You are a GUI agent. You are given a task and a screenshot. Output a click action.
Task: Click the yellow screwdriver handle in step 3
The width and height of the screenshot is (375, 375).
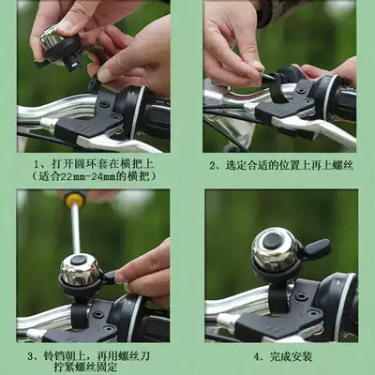tap(75, 200)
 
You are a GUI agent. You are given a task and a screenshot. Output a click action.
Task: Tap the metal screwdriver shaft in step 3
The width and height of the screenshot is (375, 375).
tap(76, 229)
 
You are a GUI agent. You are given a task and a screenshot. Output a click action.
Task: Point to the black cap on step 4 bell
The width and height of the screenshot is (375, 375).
tap(272, 241)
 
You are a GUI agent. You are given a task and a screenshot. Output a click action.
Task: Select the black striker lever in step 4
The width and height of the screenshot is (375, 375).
tap(317, 247)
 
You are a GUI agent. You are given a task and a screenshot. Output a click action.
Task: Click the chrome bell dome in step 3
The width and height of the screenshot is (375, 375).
tap(80, 270)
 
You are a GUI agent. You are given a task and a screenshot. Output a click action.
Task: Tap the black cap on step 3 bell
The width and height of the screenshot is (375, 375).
tap(79, 260)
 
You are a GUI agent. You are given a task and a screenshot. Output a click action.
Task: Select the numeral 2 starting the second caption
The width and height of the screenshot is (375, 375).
tap(213, 166)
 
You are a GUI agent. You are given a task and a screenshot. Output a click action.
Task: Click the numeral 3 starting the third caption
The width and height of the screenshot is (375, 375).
tap(30, 356)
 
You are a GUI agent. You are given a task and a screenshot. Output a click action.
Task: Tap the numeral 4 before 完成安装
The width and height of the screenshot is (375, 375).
tap(257, 356)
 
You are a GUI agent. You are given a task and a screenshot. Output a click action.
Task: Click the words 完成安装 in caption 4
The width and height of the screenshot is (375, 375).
tap(291, 356)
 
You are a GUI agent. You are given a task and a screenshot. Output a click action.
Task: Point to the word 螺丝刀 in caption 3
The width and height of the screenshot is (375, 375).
tap(134, 356)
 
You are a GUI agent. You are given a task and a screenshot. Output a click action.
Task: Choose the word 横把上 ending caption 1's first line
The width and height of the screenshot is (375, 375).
tap(138, 163)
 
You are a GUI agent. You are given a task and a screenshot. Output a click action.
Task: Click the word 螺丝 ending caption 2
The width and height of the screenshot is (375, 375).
tap(343, 165)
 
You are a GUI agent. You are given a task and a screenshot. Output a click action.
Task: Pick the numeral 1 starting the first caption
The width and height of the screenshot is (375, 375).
tap(37, 164)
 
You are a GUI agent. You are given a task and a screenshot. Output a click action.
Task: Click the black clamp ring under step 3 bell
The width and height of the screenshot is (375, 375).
tap(79, 314)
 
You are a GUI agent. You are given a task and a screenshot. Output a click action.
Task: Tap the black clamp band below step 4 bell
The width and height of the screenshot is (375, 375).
tap(278, 298)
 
